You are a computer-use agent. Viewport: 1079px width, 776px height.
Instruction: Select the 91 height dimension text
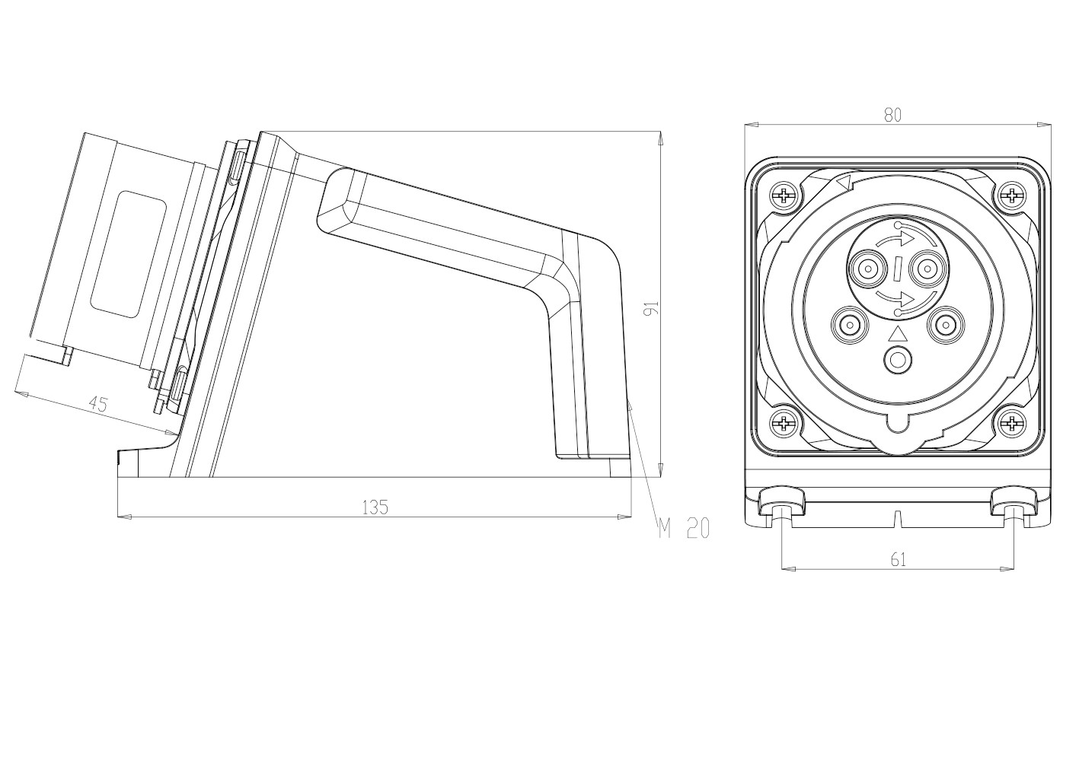point(650,308)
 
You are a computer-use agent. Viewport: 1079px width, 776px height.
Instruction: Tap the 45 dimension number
point(97,404)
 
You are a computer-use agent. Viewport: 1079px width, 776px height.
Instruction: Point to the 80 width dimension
point(892,115)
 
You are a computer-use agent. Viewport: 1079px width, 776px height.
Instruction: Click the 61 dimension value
point(899,560)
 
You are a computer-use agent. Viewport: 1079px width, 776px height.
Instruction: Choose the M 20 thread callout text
point(684,528)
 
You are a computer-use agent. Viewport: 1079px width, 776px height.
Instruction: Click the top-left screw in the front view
point(783,196)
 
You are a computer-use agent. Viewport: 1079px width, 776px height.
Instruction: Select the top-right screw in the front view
point(1012,196)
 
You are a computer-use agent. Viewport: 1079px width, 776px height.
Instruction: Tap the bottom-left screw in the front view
point(783,424)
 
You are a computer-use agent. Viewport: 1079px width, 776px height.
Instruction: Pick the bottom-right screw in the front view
point(1012,424)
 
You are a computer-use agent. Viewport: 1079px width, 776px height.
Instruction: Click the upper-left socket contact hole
point(867,268)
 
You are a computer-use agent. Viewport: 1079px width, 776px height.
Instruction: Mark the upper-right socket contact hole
point(927,268)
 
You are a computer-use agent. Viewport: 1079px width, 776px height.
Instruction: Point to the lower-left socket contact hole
point(848,326)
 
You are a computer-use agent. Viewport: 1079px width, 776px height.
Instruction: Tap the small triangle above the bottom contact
point(898,335)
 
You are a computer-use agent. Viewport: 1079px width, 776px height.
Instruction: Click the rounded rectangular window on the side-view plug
point(128,253)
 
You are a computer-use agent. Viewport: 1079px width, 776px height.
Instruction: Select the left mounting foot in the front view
point(781,504)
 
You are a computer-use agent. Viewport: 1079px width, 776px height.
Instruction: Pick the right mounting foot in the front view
point(1014,504)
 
